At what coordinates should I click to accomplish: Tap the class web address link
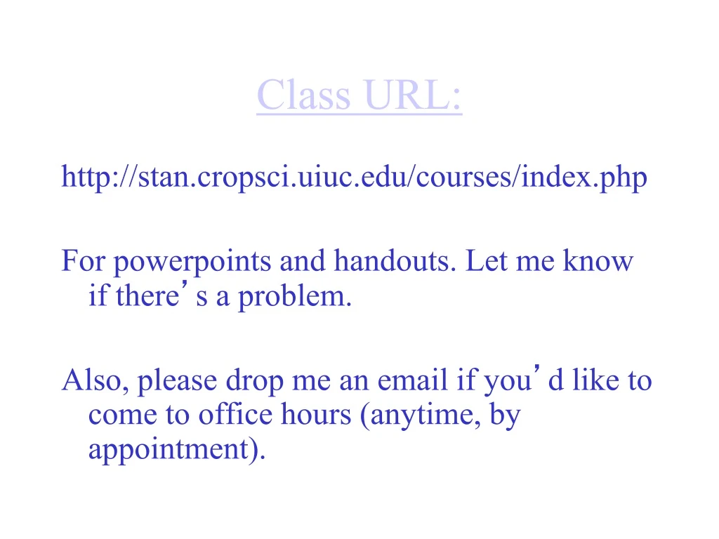pyautogui.click(x=354, y=178)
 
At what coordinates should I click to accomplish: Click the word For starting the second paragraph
pyautogui.click(x=84, y=261)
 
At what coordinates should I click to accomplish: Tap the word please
pyautogui.click(x=177, y=382)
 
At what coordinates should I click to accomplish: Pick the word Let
pyautogui.click(x=484, y=261)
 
